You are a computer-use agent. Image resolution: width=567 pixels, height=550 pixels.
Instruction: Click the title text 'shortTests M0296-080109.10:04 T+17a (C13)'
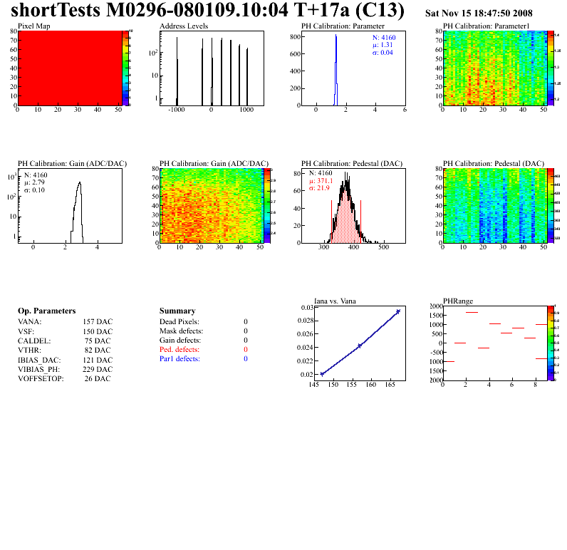pyautogui.click(x=207, y=11)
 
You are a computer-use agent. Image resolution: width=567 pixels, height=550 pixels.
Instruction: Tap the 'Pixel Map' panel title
pyautogui.click(x=33, y=26)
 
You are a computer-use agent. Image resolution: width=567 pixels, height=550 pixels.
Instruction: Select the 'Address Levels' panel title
pyautogui.click(x=184, y=26)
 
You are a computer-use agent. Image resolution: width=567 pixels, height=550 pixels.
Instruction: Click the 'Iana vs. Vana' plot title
pyautogui.click(x=335, y=301)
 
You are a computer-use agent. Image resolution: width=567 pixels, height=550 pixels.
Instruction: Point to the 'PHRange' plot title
pyautogui.click(x=457, y=301)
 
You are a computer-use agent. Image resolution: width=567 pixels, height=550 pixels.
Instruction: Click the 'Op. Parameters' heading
pyautogui.click(x=46, y=311)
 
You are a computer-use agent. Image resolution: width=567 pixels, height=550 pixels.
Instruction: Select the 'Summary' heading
pyautogui.click(x=177, y=311)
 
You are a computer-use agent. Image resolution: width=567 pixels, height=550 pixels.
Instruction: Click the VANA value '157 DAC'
pyautogui.click(x=98, y=322)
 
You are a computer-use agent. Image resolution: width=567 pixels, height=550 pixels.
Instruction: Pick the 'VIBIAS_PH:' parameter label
pyautogui.click(x=39, y=369)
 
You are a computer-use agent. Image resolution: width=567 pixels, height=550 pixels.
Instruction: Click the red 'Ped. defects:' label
pyautogui.click(x=180, y=350)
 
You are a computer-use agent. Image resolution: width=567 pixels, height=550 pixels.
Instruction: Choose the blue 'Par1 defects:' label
pyautogui.click(x=180, y=359)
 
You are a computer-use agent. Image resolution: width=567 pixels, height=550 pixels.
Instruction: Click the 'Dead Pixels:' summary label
pyautogui.click(x=180, y=322)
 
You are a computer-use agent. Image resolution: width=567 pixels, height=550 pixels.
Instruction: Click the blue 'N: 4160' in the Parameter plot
pyautogui.click(x=385, y=38)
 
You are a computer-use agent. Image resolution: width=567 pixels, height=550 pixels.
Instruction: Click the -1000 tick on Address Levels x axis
pyautogui.click(x=176, y=111)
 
